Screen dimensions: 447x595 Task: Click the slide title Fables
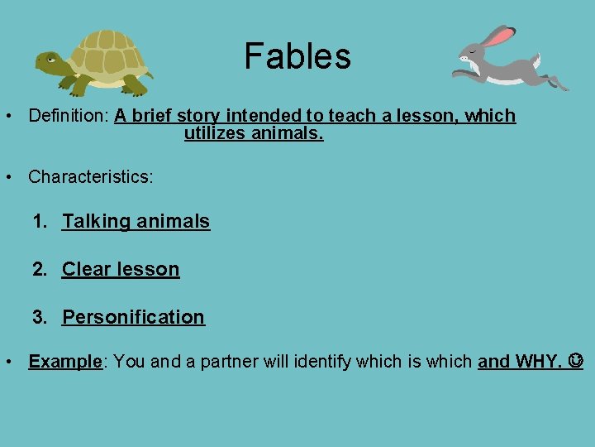click(x=297, y=56)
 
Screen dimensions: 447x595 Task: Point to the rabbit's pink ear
click(x=499, y=36)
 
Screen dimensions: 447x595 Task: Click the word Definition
click(x=69, y=116)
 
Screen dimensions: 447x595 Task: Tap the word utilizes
click(x=216, y=133)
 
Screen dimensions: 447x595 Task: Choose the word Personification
click(x=133, y=317)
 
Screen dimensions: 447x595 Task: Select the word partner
click(x=226, y=362)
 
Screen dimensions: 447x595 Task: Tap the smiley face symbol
click(x=575, y=362)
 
